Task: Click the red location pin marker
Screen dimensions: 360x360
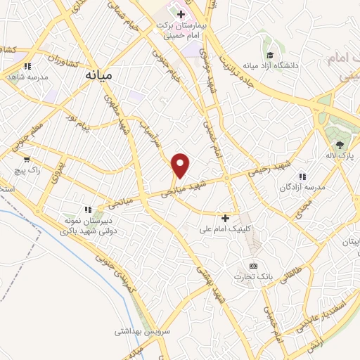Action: click(x=181, y=165)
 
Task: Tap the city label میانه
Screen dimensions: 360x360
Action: click(x=99, y=72)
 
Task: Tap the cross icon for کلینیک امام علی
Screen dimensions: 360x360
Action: click(x=225, y=219)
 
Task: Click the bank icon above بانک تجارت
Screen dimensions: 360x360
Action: click(x=253, y=266)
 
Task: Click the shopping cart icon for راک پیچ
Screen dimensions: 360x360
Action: click(x=27, y=159)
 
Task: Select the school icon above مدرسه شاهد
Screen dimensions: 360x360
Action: click(x=27, y=66)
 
